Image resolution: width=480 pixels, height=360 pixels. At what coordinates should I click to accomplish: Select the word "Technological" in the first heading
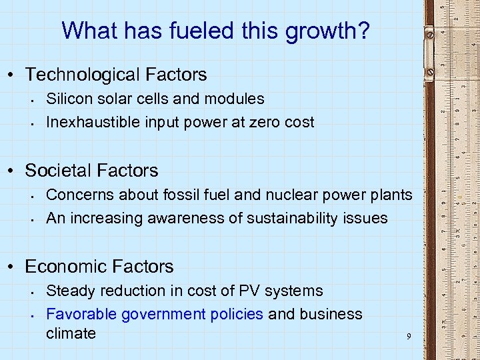82,75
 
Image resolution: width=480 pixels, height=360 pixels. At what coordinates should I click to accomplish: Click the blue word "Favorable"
79,314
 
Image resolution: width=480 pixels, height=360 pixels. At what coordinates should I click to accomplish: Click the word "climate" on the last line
71,333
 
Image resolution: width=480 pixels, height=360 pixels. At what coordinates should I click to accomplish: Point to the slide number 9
409,336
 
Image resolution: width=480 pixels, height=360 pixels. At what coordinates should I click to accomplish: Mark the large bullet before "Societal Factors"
15,171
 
